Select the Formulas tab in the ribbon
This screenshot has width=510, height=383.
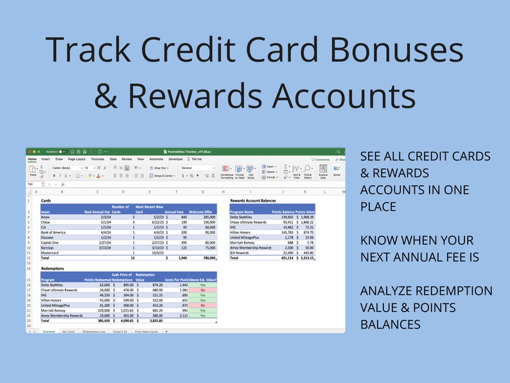[x=98, y=159]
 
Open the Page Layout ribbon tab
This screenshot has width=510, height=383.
[x=76, y=159]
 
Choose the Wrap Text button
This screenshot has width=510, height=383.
[x=161, y=168]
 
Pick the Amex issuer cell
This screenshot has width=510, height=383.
[x=46, y=218]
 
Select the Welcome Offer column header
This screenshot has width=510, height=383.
[x=202, y=211]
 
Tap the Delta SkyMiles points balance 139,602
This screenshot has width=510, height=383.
[x=285, y=218]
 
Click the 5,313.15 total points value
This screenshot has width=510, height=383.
[x=306, y=258]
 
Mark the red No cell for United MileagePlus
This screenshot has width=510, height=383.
[x=202, y=306]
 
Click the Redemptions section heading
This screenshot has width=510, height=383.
[x=53, y=269]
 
